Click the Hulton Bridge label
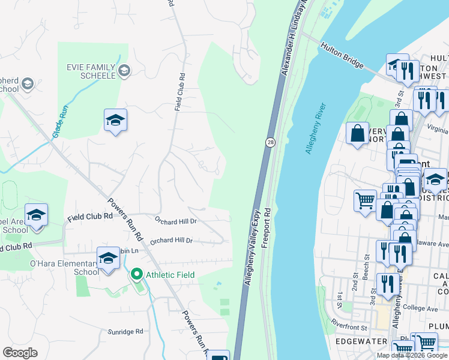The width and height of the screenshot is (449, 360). pyautogui.click(x=343, y=55)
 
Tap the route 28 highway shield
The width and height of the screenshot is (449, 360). pyautogui.click(x=271, y=142)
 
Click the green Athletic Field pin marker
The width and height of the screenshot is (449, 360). pyautogui.click(x=136, y=275)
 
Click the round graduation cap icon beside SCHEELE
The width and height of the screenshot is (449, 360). pyautogui.click(x=124, y=71)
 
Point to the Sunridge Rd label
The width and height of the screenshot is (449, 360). pyautogui.click(x=125, y=331)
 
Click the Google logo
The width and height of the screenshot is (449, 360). pyautogui.click(x=20, y=353)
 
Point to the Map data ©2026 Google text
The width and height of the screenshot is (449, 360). pyautogui.click(x=412, y=355)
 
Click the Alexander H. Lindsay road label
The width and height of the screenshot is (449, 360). pyautogui.click(x=292, y=37)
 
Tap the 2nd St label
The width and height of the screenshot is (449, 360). pyautogui.click(x=355, y=284)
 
